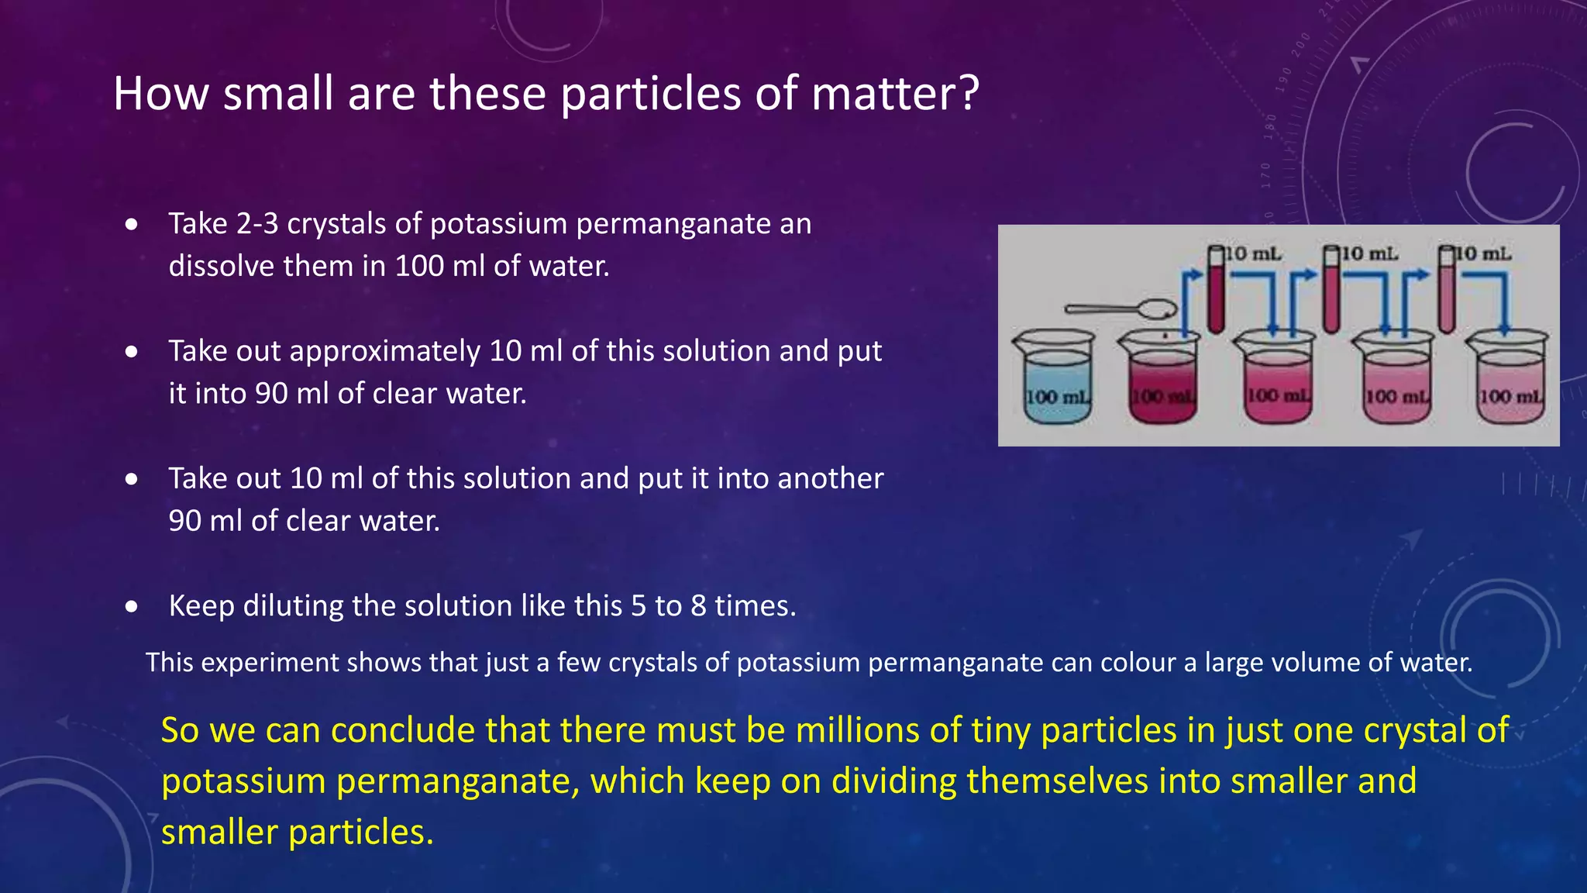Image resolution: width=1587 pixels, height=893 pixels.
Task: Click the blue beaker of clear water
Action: click(1055, 380)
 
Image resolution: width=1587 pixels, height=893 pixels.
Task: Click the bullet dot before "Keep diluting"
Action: click(132, 606)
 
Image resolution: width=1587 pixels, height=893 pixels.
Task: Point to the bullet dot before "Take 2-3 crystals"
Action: click(132, 225)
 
